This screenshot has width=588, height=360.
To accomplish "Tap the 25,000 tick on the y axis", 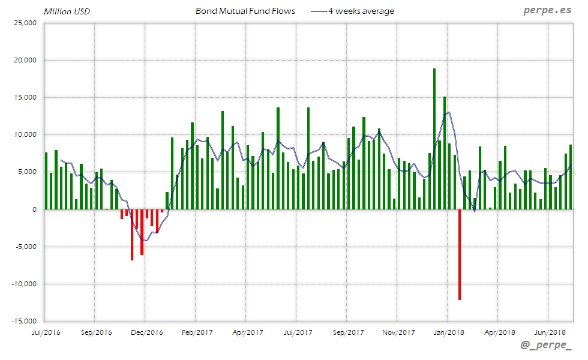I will click(x=25, y=23).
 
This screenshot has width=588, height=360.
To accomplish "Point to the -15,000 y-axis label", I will click(x=23, y=321).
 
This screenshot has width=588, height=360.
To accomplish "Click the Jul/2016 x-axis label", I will click(x=44, y=331).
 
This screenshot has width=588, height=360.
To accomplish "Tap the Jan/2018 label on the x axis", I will click(x=448, y=331).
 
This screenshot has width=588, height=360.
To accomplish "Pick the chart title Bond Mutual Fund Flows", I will click(x=245, y=11).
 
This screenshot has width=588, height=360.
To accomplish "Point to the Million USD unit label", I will click(x=67, y=11).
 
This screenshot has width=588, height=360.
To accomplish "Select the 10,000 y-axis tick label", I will click(x=25, y=135).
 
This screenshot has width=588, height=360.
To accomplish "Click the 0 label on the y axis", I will click(x=35, y=209).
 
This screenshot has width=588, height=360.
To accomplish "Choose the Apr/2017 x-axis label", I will click(x=247, y=331).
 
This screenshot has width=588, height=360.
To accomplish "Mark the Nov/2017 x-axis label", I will click(x=398, y=331).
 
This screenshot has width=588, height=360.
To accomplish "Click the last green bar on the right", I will click(x=571, y=177).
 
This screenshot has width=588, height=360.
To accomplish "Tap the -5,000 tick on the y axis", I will click(x=25, y=247).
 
